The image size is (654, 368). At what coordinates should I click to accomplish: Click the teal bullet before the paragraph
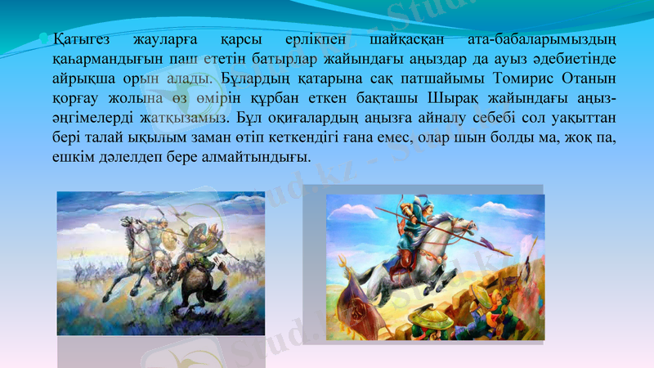(x=46, y=37)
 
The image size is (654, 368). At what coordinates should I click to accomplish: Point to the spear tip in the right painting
(x=487, y=242)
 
